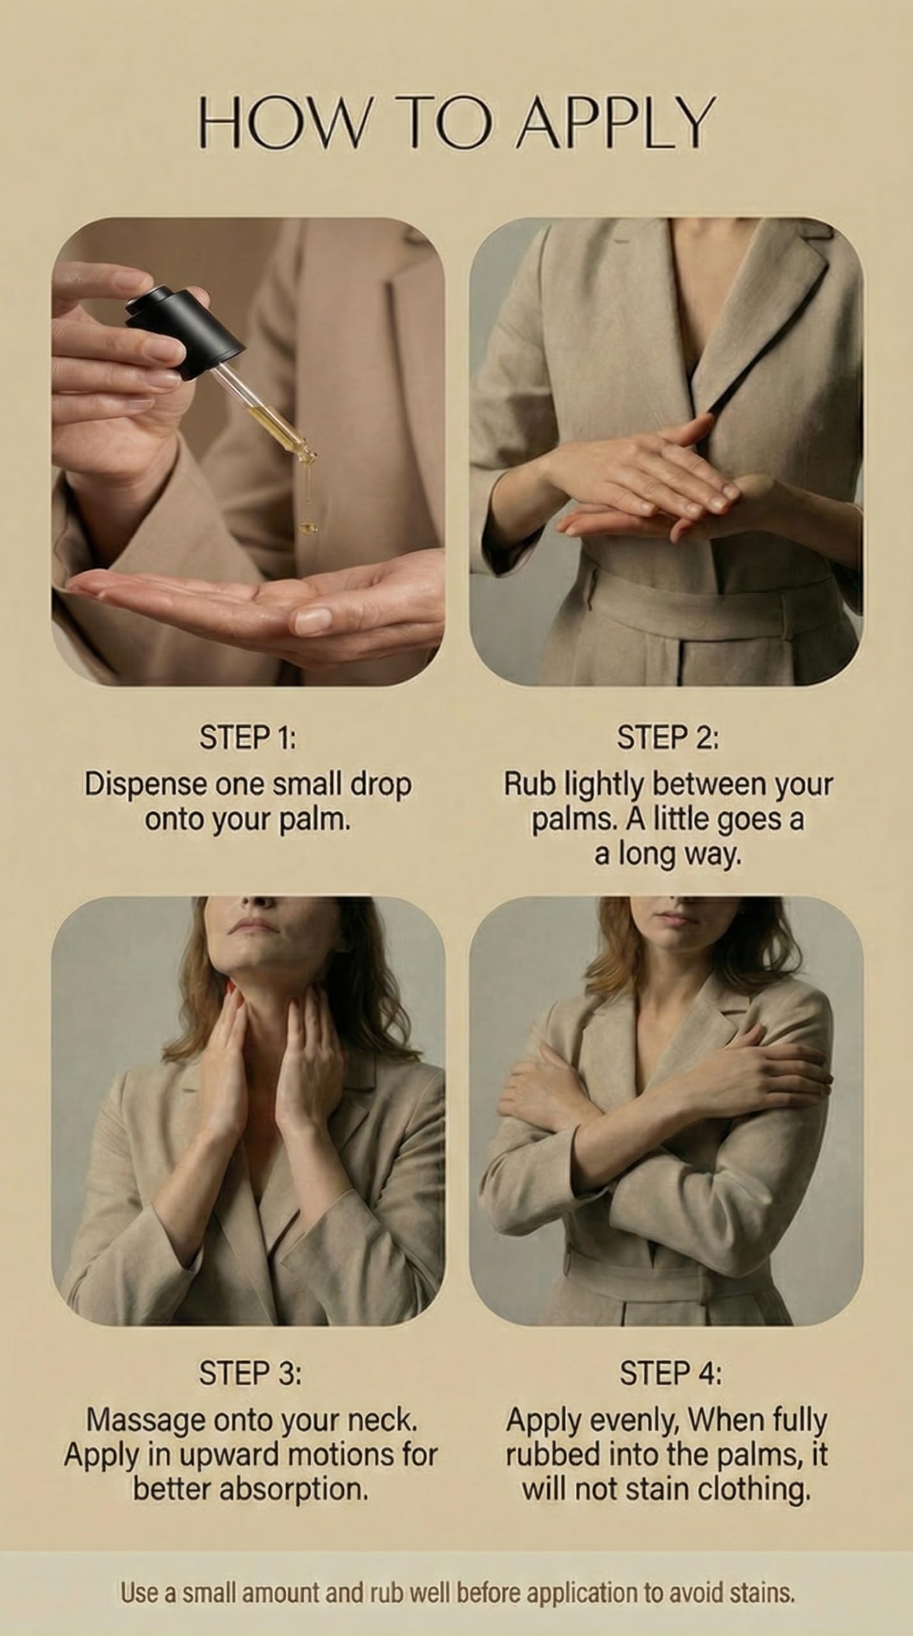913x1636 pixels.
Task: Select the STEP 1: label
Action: (x=248, y=737)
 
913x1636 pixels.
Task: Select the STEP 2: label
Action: (x=668, y=737)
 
